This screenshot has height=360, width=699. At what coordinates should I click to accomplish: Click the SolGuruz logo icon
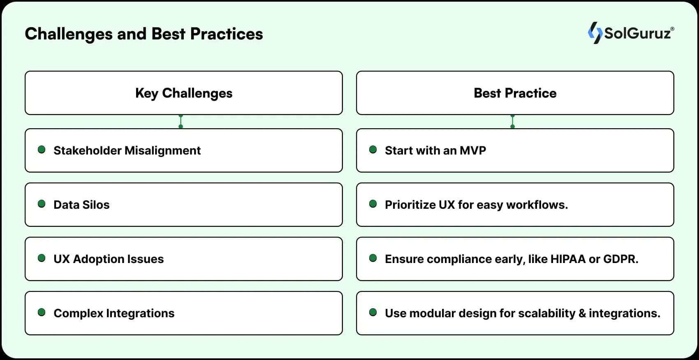(595, 33)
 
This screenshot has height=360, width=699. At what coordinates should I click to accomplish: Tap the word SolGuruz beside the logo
(637, 33)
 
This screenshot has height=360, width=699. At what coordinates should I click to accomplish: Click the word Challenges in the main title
(69, 35)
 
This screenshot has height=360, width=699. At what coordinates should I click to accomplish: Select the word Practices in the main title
(227, 34)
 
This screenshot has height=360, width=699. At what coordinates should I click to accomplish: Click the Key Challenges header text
(184, 93)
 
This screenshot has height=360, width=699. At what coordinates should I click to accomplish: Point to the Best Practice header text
(515, 93)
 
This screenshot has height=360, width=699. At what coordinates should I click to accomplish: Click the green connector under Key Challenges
(181, 121)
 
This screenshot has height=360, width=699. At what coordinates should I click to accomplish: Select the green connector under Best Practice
(512, 121)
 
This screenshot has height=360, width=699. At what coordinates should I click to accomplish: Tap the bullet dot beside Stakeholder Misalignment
(42, 150)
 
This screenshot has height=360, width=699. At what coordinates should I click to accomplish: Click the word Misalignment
(162, 151)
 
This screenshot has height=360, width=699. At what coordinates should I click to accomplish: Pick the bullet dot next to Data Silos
(42, 204)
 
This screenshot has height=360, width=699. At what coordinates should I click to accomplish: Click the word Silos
(96, 205)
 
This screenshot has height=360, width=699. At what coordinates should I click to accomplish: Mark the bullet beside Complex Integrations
(42, 313)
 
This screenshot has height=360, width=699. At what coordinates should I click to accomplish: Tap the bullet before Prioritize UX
(373, 204)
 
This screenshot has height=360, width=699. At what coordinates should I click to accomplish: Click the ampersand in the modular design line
(582, 313)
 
